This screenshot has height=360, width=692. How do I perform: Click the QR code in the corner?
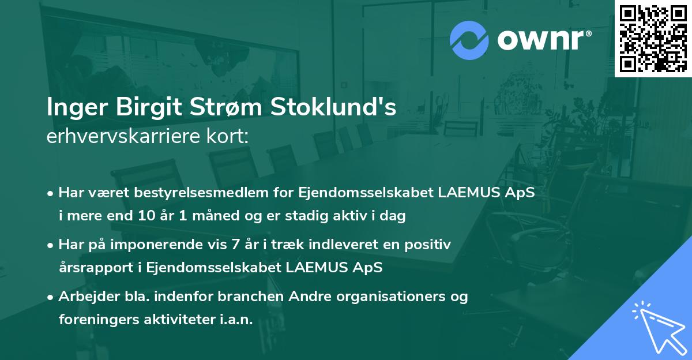point(653,39)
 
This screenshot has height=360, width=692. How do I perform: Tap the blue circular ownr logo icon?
point(469,40)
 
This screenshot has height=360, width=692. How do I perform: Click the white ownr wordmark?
point(544,40)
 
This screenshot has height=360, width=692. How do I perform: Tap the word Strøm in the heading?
point(226,107)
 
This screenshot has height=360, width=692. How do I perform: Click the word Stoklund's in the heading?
point(333,107)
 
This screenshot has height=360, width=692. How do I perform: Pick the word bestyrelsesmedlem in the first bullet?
point(201,193)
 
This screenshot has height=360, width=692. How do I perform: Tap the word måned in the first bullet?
point(216,215)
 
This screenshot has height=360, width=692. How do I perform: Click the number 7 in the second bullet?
point(235,245)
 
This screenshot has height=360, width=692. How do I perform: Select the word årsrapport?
point(96,268)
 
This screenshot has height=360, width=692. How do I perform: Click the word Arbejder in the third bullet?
point(89,297)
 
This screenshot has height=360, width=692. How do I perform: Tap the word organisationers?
point(391,297)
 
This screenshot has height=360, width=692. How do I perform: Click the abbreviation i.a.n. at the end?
point(236,320)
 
